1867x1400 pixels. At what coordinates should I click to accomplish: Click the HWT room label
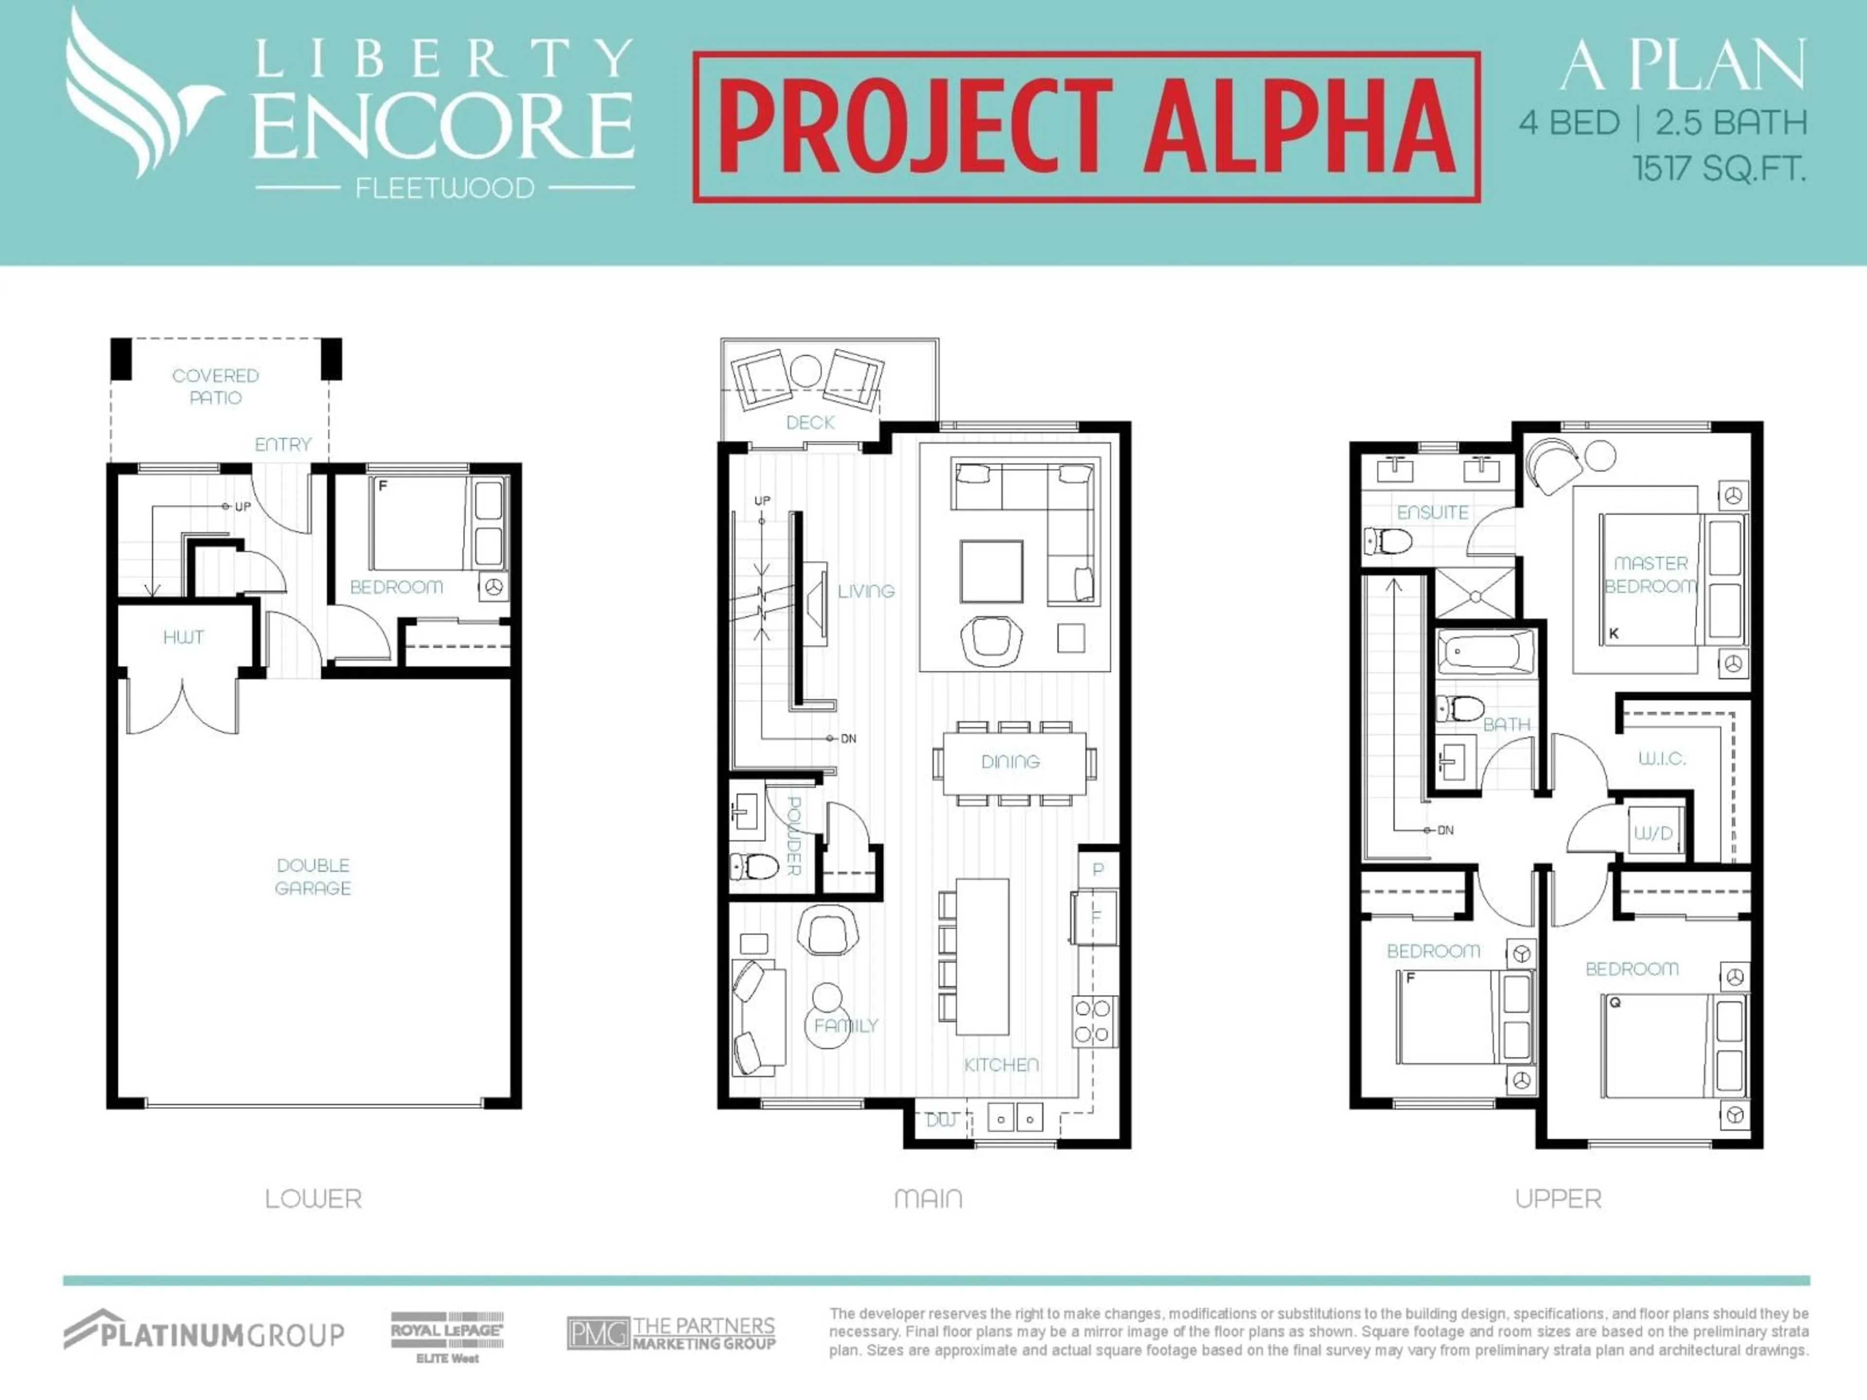point(183,637)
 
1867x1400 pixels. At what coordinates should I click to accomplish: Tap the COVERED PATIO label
point(215,386)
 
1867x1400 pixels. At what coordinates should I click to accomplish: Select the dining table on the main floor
point(1011,762)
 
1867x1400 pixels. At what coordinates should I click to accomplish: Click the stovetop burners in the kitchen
point(1094,1021)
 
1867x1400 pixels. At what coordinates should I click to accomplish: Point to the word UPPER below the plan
point(1558,1199)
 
